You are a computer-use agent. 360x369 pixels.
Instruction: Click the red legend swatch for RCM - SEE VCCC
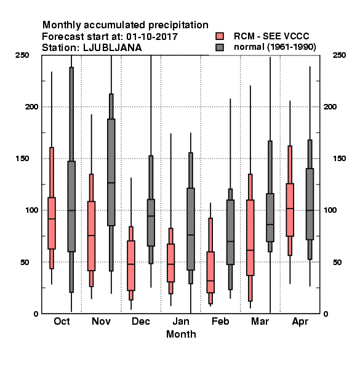[220, 36]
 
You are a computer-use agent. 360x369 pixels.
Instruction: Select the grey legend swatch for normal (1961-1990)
[220, 47]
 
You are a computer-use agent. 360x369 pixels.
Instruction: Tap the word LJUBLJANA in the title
[113, 48]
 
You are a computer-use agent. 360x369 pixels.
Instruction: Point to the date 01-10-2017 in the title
[152, 37]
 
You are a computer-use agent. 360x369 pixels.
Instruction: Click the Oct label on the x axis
[62, 321]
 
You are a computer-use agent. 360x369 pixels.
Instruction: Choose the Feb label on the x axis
[220, 321]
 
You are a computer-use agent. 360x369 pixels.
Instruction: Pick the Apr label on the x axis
[300, 322]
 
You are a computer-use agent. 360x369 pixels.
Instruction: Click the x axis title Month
[181, 334]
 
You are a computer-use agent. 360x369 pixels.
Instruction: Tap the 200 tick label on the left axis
[31, 107]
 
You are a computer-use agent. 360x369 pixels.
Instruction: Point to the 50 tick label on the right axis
[337, 262]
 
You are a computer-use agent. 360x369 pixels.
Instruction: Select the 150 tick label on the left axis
[22, 159]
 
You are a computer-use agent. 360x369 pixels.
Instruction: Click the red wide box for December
[131, 266]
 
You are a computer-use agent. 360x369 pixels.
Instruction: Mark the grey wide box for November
[111, 172]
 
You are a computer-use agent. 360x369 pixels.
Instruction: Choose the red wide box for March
[250, 237]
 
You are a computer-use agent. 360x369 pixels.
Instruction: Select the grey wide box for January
[191, 229]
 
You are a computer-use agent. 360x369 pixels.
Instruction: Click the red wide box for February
[210, 272]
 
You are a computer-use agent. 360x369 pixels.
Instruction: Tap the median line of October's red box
[52, 219]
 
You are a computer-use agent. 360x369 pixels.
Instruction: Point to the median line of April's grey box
[310, 210]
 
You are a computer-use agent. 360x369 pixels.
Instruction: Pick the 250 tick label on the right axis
[339, 55]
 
